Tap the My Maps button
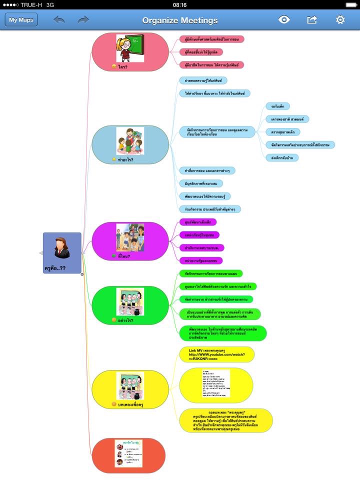pos(21,20)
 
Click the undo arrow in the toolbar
pos(59,20)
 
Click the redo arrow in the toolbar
pos(83,20)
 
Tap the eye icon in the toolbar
pos(284,20)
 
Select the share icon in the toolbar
pos(312,20)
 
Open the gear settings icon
pos(340,20)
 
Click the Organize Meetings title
pos(180,20)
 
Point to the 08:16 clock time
pos(179,4)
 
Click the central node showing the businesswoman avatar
pos(62,252)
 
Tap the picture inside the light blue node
pos(130,140)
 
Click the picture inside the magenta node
pos(130,237)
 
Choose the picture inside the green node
pos(130,302)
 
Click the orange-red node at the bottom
pos(128,455)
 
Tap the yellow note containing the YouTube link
pos(216,354)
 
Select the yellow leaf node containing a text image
pos(216,384)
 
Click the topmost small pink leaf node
pos(211,39)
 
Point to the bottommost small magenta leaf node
pos(200,260)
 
